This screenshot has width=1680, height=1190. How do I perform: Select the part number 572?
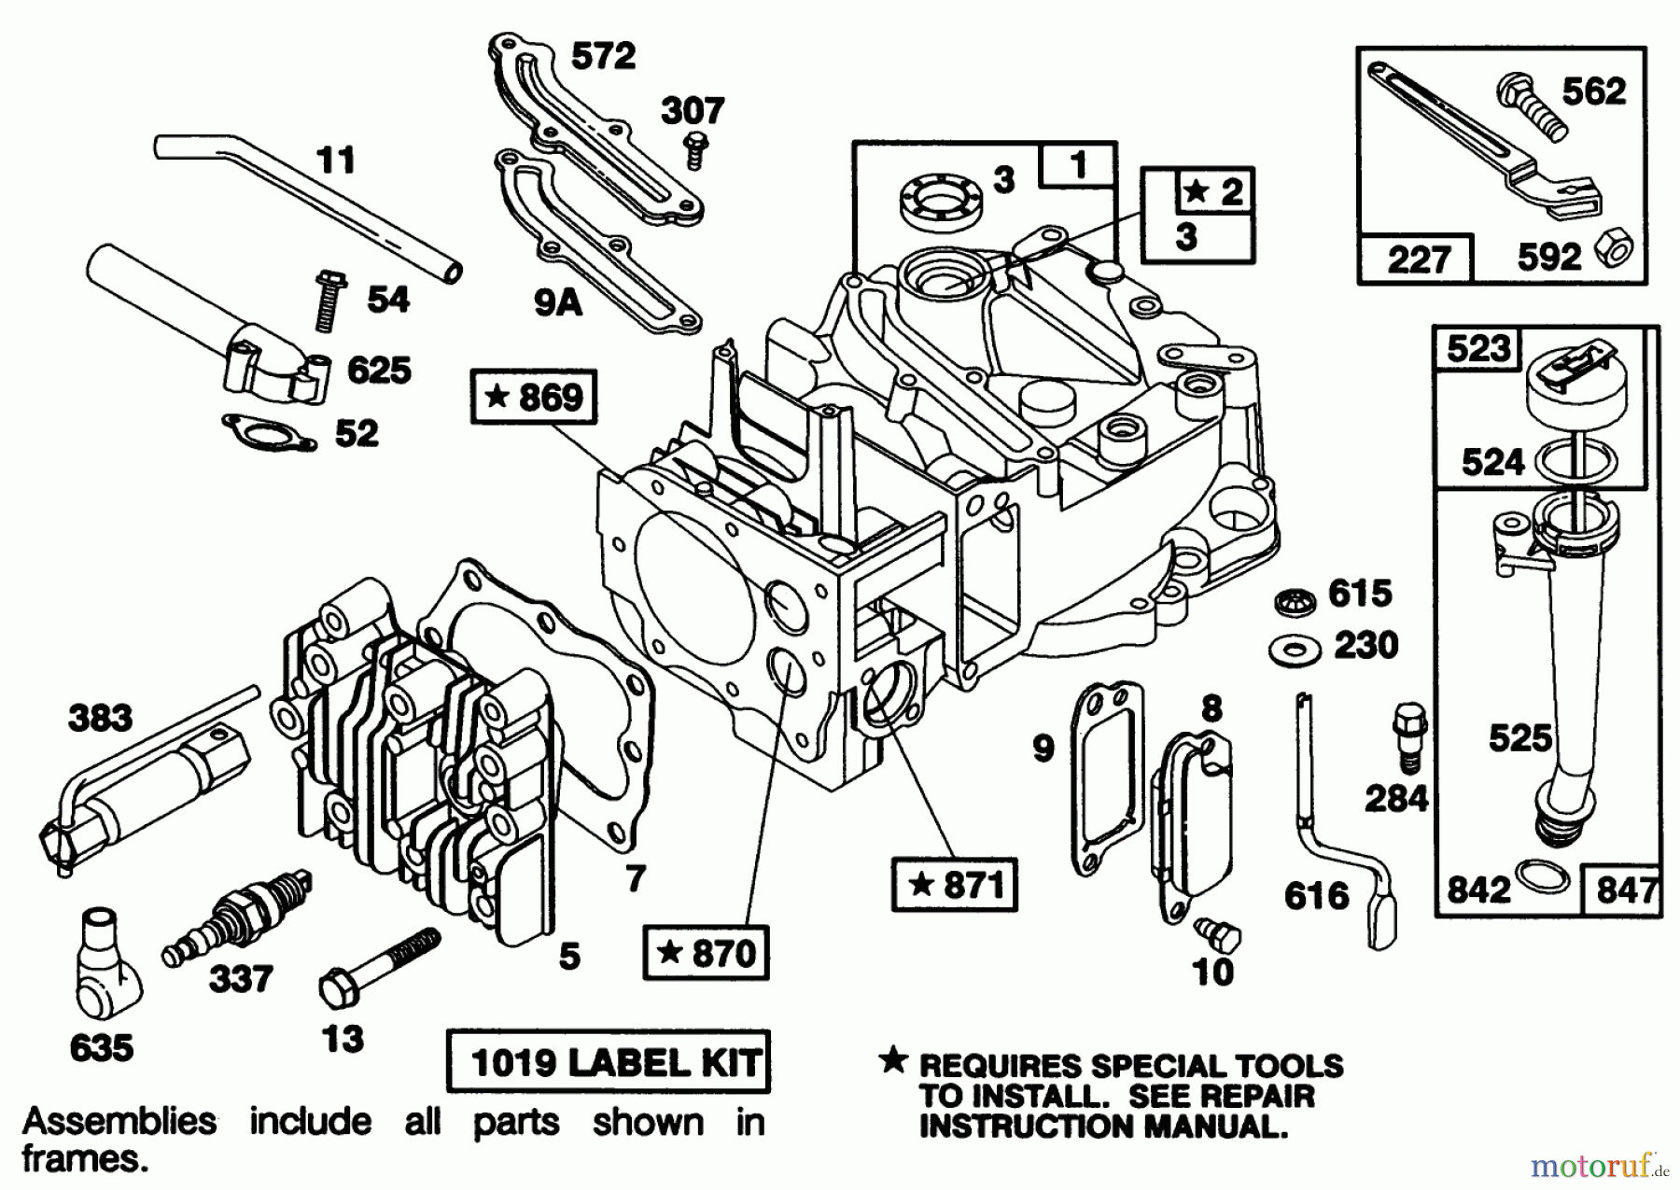(x=602, y=57)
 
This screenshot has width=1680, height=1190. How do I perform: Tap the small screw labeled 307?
(x=693, y=150)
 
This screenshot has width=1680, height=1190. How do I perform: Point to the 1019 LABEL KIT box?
(x=609, y=1062)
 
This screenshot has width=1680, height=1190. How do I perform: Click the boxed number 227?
(x=1416, y=259)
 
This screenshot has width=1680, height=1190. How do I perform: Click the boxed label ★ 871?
(x=954, y=884)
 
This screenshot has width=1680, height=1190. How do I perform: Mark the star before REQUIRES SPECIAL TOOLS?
(x=893, y=1060)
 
